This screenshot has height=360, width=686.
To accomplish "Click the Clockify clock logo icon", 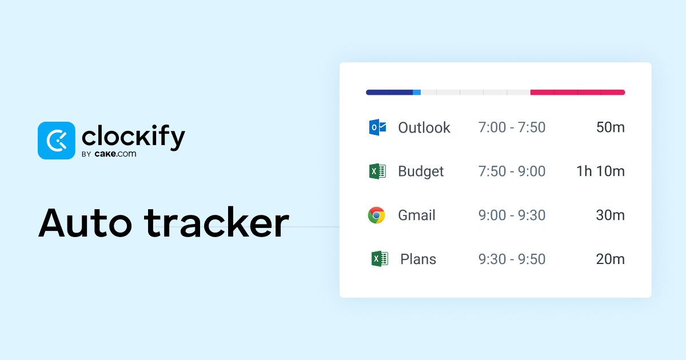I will click(56, 141).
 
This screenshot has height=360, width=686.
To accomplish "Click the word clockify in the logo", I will click(133, 137).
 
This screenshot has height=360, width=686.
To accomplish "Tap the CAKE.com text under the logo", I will click(117, 154).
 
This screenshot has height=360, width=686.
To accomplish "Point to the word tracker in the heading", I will click(217, 223).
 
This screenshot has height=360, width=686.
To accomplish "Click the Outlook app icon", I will click(377, 127).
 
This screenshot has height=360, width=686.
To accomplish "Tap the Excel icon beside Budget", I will click(377, 171).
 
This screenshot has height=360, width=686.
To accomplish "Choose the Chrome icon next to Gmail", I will click(376, 215).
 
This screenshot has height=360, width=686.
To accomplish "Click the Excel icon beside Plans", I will click(379, 259).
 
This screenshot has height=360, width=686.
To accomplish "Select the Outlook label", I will click(424, 127).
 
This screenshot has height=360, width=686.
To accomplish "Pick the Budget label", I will click(421, 171).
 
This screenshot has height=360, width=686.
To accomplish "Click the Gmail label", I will click(417, 215).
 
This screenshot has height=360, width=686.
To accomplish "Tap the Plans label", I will click(418, 259).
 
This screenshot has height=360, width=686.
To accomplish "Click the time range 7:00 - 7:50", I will click(512, 127).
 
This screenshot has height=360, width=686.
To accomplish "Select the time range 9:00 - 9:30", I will click(512, 215).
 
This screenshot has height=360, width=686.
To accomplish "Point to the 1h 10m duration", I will click(600, 171).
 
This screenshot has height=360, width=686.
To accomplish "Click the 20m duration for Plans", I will click(610, 259).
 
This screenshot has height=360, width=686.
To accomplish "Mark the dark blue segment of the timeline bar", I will click(389, 92).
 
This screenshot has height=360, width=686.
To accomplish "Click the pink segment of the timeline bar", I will click(577, 92).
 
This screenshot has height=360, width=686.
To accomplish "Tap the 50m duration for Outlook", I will click(610, 127).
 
